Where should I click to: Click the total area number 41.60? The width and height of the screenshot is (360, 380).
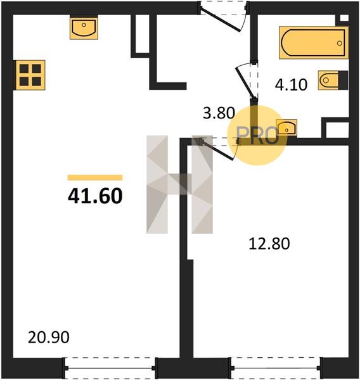[95, 196]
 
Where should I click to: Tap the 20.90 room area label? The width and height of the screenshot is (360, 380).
[49, 338]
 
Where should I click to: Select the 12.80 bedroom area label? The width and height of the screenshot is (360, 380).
[269, 244]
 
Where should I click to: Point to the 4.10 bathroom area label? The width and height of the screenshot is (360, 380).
[291, 85]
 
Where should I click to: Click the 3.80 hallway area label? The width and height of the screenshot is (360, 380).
[219, 113]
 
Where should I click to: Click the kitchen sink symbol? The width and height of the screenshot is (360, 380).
[84, 27]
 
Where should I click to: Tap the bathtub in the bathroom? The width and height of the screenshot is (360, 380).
[314, 43]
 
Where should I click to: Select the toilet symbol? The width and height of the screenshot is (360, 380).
[333, 80]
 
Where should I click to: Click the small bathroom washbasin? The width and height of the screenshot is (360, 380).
[286, 127]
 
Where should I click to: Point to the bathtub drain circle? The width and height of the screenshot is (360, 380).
[339, 43]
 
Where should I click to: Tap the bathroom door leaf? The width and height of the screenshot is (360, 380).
[245, 83]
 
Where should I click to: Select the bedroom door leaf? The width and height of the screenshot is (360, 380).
[217, 150]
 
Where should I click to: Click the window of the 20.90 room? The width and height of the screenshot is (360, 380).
[110, 368]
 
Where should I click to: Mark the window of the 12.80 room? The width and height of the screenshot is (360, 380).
[276, 368]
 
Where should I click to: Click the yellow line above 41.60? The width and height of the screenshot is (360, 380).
[95, 177]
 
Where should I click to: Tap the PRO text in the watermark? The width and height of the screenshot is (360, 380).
[257, 136]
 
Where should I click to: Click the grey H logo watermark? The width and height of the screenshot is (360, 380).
[180, 184]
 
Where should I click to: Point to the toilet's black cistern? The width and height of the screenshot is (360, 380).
[343, 80]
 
